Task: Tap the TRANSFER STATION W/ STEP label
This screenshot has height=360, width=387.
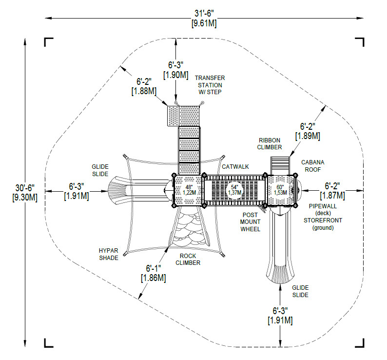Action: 210,85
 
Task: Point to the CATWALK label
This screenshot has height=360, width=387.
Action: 235,167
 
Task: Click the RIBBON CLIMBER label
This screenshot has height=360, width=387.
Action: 270,144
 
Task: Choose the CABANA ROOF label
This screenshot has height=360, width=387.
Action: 313,166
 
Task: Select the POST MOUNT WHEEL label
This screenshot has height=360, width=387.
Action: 250,222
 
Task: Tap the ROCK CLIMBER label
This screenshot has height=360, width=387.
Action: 188,260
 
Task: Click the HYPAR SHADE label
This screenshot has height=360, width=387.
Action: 109,254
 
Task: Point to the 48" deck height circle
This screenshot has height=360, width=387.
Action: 189,190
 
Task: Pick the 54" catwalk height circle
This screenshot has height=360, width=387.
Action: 234,190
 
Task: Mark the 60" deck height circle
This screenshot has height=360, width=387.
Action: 280,190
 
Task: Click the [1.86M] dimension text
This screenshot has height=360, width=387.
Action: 153,278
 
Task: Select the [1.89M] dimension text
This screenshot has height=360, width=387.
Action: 308,136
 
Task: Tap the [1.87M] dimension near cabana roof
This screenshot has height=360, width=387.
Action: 332,196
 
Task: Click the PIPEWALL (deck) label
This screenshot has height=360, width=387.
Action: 323,210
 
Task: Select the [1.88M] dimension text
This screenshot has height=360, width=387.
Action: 144,91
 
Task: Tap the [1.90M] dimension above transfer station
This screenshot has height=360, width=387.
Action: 176,75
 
